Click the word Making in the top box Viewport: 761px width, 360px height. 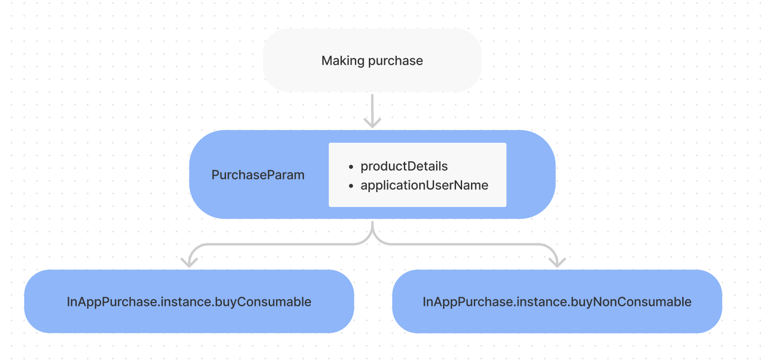343,61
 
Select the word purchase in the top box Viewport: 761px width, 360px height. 395,61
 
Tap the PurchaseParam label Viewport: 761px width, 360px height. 258,175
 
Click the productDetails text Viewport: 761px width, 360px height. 404,166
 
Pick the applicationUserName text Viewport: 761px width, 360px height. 424,185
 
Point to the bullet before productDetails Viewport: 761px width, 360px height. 351,167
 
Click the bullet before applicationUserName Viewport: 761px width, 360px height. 351,186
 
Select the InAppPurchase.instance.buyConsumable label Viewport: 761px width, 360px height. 189,302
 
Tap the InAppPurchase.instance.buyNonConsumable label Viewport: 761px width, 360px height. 557,302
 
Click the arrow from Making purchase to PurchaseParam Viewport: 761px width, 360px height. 373,111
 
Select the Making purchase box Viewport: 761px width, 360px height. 373,60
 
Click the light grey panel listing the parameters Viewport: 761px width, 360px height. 417,174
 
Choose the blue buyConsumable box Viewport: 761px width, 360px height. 189,301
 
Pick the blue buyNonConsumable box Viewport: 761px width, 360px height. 557,301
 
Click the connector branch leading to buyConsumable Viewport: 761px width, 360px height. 272,244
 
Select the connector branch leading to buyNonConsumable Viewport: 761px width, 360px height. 472,244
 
